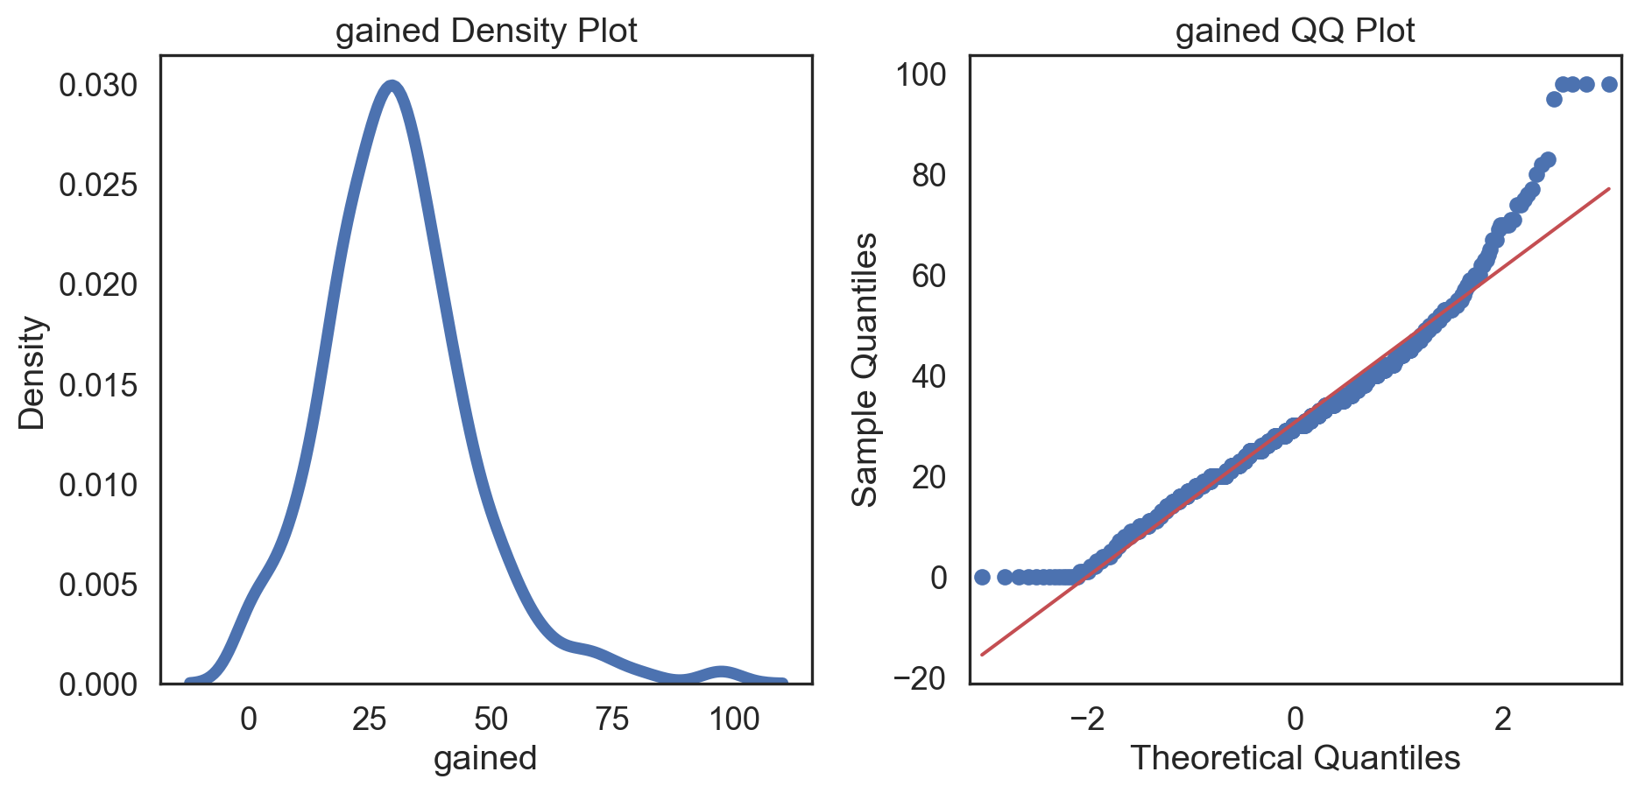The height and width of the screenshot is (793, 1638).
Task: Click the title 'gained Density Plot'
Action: point(486,31)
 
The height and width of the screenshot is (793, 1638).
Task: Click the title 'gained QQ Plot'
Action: point(1295,31)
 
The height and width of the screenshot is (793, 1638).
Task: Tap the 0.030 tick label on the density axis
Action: point(98,86)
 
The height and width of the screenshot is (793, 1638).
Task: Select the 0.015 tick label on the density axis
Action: point(98,385)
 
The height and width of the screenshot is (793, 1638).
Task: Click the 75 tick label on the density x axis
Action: point(612,719)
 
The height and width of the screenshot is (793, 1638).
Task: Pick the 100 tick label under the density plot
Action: point(734,719)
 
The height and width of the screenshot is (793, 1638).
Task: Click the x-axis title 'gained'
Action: point(485,758)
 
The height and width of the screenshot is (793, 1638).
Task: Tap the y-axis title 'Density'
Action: point(32,372)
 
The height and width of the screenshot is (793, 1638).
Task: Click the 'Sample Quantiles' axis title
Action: point(865,369)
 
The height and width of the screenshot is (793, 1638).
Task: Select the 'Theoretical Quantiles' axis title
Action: point(1295,758)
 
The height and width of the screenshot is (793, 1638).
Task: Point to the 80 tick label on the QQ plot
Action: point(929,176)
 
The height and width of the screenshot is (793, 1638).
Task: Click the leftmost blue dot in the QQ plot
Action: point(982,577)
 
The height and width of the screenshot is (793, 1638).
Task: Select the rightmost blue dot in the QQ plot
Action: point(1609,84)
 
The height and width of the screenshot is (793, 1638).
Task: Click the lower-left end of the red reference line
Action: point(982,654)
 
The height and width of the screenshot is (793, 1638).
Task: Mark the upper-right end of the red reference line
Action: point(1609,188)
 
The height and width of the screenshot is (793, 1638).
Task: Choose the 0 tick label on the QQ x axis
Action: point(1295,719)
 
